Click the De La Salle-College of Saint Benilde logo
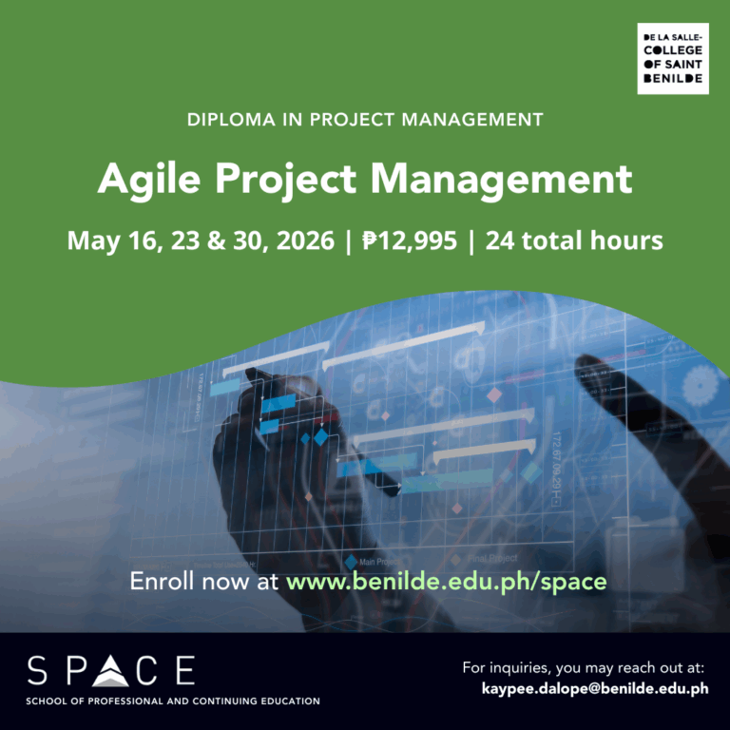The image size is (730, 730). (672, 60)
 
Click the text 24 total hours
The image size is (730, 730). (574, 240)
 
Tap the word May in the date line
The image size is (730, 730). (90, 240)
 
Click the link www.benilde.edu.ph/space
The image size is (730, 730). (446, 581)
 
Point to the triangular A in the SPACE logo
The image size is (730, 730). (111, 670)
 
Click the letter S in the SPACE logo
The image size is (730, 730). (37, 670)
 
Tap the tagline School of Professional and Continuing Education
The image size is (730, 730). (174, 701)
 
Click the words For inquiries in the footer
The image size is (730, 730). (509, 667)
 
